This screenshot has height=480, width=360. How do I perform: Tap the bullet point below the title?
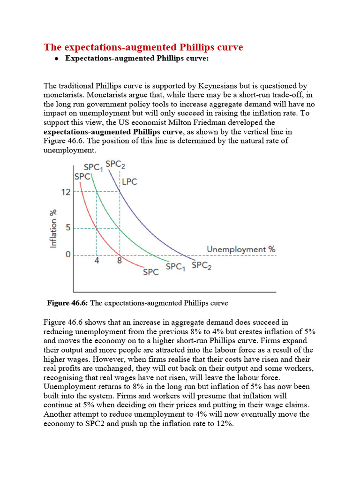click(56, 59)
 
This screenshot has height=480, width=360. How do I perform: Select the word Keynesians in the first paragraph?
click(219, 86)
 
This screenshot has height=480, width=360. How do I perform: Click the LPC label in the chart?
click(130, 181)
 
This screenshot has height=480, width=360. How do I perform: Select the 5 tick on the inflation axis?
click(67, 228)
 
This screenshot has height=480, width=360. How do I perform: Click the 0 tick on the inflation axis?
click(67, 255)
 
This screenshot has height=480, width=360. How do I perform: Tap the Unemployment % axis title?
click(241, 249)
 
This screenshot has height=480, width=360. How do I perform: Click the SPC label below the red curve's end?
click(150, 272)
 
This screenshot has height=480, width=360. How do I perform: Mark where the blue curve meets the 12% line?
click(120, 191)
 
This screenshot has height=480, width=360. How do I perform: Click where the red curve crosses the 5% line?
click(97, 228)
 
